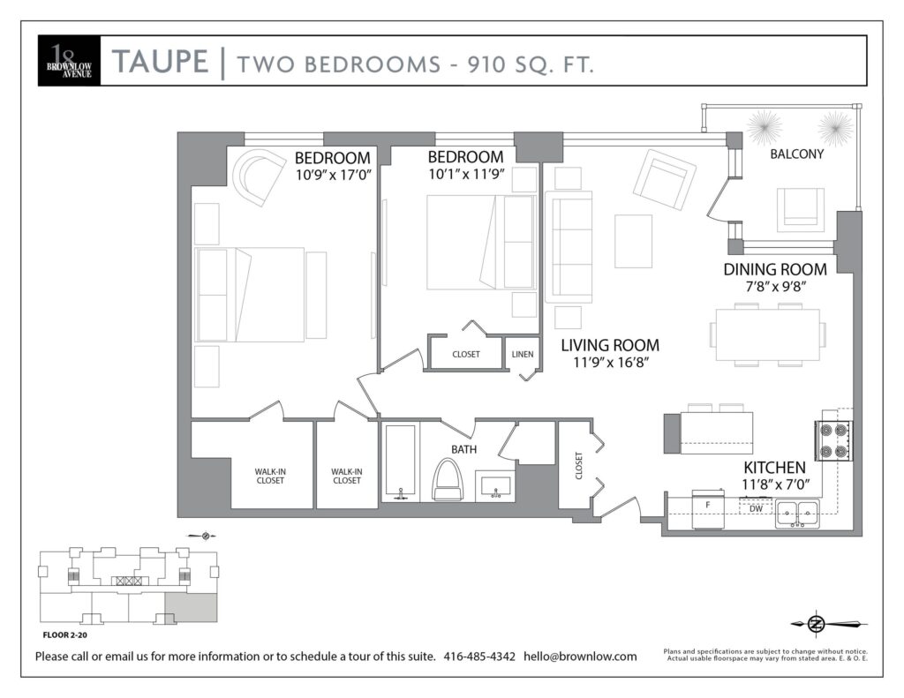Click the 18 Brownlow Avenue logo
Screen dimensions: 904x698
click(69, 61)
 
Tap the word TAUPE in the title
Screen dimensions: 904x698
click(160, 62)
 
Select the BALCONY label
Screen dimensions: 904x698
click(797, 154)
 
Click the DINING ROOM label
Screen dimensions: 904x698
click(775, 269)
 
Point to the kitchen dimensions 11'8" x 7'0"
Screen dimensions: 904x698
click(776, 484)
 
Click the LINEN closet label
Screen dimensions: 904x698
click(523, 354)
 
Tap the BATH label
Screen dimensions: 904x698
click(464, 449)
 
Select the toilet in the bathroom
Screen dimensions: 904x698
click(448, 479)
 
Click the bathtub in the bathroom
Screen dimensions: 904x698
click(400, 462)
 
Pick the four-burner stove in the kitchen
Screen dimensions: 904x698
click(833, 440)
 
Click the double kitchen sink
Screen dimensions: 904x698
click(797, 513)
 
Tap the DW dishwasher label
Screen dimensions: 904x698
click(756, 508)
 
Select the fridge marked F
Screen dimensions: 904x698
click(708, 509)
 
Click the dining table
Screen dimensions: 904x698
click(768, 334)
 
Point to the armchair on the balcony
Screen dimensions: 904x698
click(800, 210)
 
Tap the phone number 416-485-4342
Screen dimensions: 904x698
click(479, 656)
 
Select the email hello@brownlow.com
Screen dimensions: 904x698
click(580, 656)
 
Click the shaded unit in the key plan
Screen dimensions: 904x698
click(192, 607)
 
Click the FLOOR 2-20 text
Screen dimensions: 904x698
click(65, 635)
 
